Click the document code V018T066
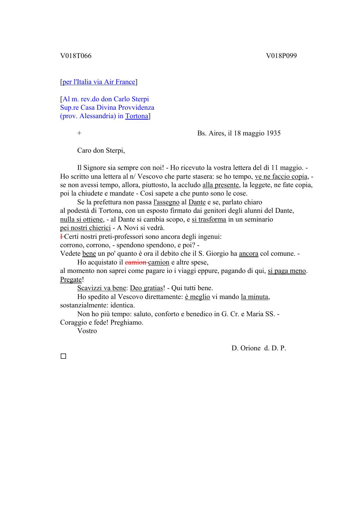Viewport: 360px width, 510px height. (x=76, y=56)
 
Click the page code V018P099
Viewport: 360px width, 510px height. (x=281, y=56)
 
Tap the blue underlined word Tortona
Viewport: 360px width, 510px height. (x=137, y=116)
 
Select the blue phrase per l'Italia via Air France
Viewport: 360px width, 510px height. (x=99, y=82)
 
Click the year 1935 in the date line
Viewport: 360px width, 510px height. (x=273, y=133)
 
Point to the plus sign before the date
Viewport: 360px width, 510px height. (x=79, y=133)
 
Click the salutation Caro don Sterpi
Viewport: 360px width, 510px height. (x=101, y=151)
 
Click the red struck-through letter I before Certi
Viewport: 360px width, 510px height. (x=62, y=237)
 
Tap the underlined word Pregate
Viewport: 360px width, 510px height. (x=71, y=280)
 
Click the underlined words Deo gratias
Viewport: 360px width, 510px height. (x=147, y=288)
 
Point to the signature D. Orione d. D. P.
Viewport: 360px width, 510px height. (x=259, y=348)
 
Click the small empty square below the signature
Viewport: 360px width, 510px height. (x=63, y=356)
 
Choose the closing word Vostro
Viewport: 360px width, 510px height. (x=87, y=331)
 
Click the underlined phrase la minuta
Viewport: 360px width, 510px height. (x=255, y=297)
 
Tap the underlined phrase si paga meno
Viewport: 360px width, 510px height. (x=287, y=271)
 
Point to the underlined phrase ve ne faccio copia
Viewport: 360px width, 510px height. (x=281, y=177)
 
